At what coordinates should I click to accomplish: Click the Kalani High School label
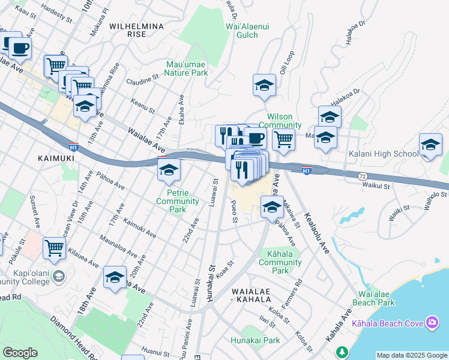click(x=384, y=154)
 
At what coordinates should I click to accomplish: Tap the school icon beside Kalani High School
click(x=430, y=145)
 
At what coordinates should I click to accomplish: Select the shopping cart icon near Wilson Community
click(x=283, y=139)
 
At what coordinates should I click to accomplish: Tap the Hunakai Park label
click(x=255, y=340)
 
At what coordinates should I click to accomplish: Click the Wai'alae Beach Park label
click(x=376, y=298)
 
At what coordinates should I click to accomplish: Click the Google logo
click(x=20, y=353)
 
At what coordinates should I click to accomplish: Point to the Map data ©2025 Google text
click(x=412, y=355)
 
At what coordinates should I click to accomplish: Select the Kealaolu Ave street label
click(x=317, y=233)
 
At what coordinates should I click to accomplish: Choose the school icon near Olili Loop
click(x=264, y=86)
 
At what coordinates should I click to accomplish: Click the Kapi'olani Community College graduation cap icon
click(x=59, y=275)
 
